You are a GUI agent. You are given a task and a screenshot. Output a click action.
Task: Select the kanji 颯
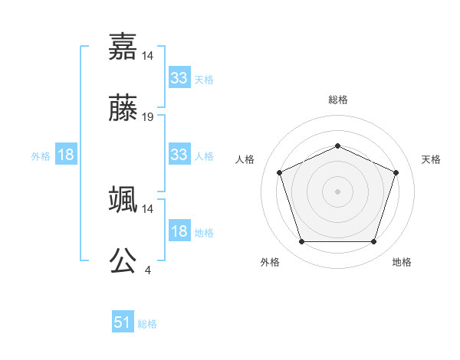point(123,199)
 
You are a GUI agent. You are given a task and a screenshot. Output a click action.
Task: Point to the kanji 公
point(123,261)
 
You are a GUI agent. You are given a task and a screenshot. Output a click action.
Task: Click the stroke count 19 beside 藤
point(148,117)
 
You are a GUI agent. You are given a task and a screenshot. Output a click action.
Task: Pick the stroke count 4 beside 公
point(148,270)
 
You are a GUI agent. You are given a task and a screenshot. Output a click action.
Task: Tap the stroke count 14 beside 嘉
point(148,55)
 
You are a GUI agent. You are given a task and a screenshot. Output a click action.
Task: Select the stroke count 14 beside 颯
point(148,208)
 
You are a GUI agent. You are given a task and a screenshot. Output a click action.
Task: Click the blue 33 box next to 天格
point(179,78)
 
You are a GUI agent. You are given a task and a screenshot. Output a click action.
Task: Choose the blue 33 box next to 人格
point(179,155)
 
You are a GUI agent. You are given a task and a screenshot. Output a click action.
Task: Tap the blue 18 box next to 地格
point(179,231)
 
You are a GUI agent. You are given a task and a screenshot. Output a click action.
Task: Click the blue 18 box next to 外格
point(66,155)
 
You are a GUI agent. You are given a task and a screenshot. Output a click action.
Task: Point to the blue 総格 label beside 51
point(147,324)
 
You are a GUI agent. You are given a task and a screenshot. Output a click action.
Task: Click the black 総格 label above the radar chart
point(337,100)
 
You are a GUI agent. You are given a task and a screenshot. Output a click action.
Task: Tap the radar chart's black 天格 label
point(431,159)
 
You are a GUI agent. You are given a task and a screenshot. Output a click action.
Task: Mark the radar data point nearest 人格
point(279,172)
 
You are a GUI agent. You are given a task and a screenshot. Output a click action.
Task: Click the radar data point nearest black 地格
point(373,242)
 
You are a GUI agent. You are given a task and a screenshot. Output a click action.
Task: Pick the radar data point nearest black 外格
point(301,242)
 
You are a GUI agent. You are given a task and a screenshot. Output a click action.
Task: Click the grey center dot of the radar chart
point(337,191)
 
